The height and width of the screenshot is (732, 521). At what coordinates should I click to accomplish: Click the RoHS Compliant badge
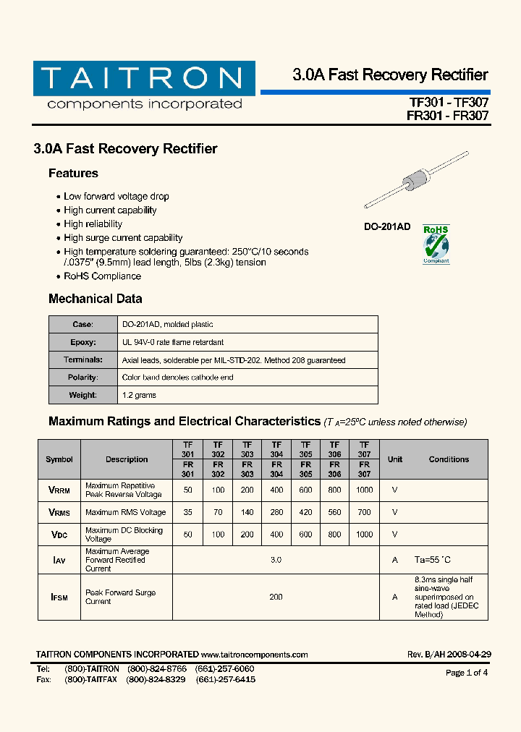tap(436, 244)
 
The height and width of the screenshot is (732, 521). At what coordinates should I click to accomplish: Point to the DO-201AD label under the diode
tap(386, 227)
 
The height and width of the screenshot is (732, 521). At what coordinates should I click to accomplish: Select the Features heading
tap(73, 174)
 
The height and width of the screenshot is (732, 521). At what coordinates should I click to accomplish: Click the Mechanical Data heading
tap(95, 299)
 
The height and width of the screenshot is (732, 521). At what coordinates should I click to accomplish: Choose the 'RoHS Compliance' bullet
tap(102, 276)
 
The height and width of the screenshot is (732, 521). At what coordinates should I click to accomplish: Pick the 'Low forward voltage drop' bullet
tap(116, 197)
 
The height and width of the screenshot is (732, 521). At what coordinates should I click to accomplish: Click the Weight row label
tap(82, 395)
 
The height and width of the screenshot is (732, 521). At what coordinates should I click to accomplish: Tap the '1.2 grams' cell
tap(139, 395)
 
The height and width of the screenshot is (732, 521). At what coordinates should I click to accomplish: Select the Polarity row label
tap(82, 378)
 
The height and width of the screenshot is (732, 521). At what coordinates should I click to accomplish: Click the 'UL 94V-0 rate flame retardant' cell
tap(173, 342)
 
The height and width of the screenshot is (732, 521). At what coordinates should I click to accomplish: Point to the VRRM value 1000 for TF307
tap(364, 490)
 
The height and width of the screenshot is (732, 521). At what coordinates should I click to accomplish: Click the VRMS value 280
tap(276, 513)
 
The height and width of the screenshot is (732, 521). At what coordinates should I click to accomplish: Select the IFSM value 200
tap(276, 597)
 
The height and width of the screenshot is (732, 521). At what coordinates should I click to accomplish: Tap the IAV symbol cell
tap(59, 561)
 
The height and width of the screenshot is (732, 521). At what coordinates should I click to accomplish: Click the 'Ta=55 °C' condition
tap(432, 561)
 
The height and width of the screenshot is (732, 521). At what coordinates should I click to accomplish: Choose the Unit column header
tap(395, 459)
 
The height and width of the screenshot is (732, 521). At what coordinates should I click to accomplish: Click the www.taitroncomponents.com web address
tap(255, 655)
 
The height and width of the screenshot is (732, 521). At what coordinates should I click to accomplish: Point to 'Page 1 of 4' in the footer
tap(467, 673)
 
